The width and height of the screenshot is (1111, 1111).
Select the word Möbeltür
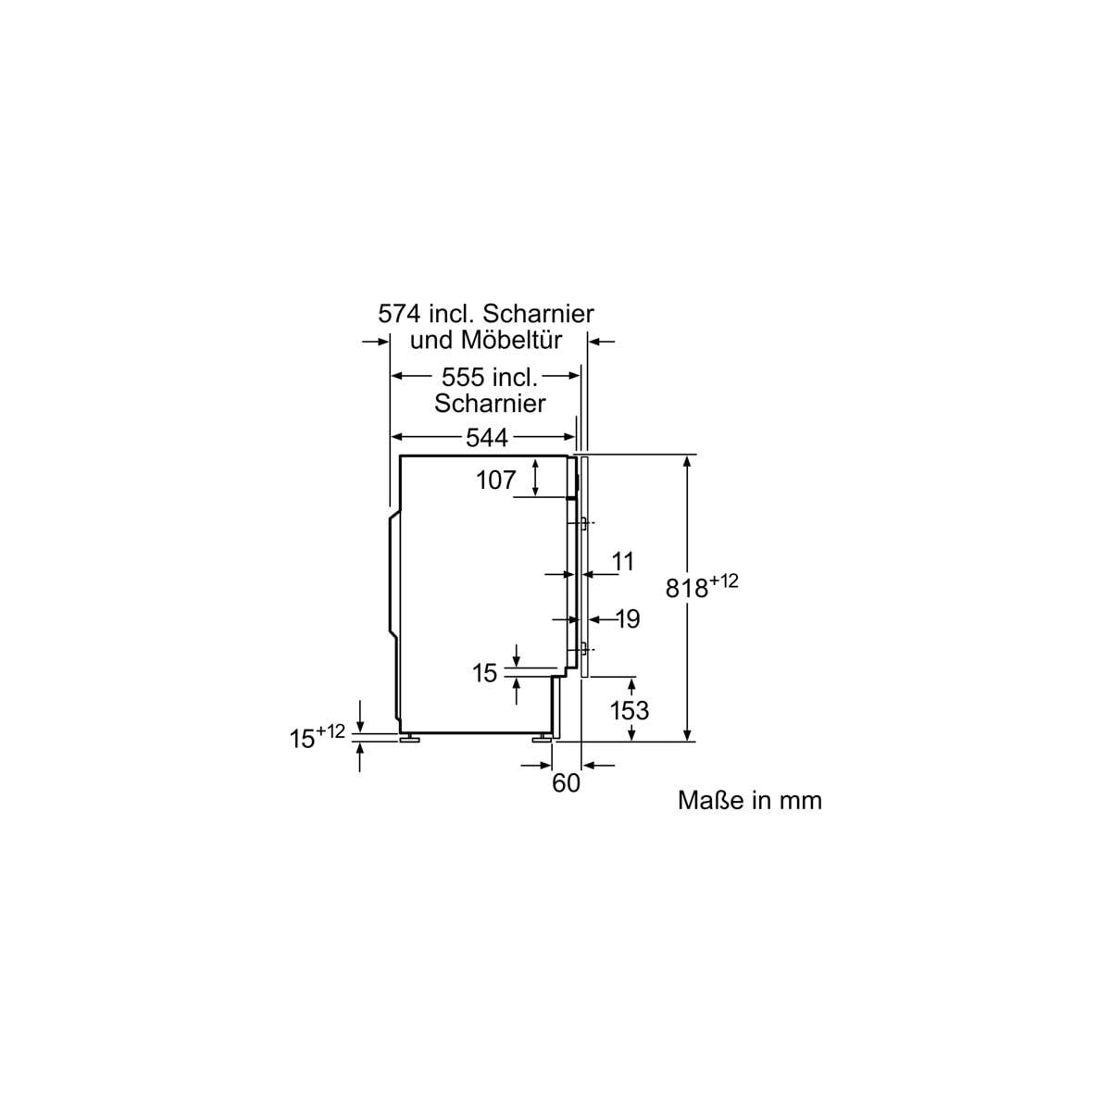[511, 340]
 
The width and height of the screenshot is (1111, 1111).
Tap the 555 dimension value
[462, 377]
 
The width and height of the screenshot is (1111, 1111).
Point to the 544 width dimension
[487, 438]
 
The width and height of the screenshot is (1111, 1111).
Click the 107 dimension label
[496, 480]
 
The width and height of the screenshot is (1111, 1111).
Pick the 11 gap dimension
[623, 561]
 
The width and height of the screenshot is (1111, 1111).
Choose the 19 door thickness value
[628, 618]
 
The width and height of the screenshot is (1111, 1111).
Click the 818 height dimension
[687, 588]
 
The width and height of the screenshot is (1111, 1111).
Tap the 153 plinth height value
[630, 710]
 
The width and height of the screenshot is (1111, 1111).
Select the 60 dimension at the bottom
[567, 783]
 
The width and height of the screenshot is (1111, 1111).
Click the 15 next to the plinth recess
[485, 673]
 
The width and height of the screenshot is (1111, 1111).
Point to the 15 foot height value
[302, 739]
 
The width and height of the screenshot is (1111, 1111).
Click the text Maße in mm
[750, 801]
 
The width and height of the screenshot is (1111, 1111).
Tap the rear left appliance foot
[410, 738]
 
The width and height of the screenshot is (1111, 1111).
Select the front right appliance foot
[543, 738]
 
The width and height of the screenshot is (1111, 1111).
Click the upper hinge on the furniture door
[583, 523]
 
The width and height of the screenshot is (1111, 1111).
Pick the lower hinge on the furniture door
[583, 650]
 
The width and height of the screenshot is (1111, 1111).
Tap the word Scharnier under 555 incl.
[490, 404]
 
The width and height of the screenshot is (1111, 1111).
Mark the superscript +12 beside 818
[724, 580]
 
